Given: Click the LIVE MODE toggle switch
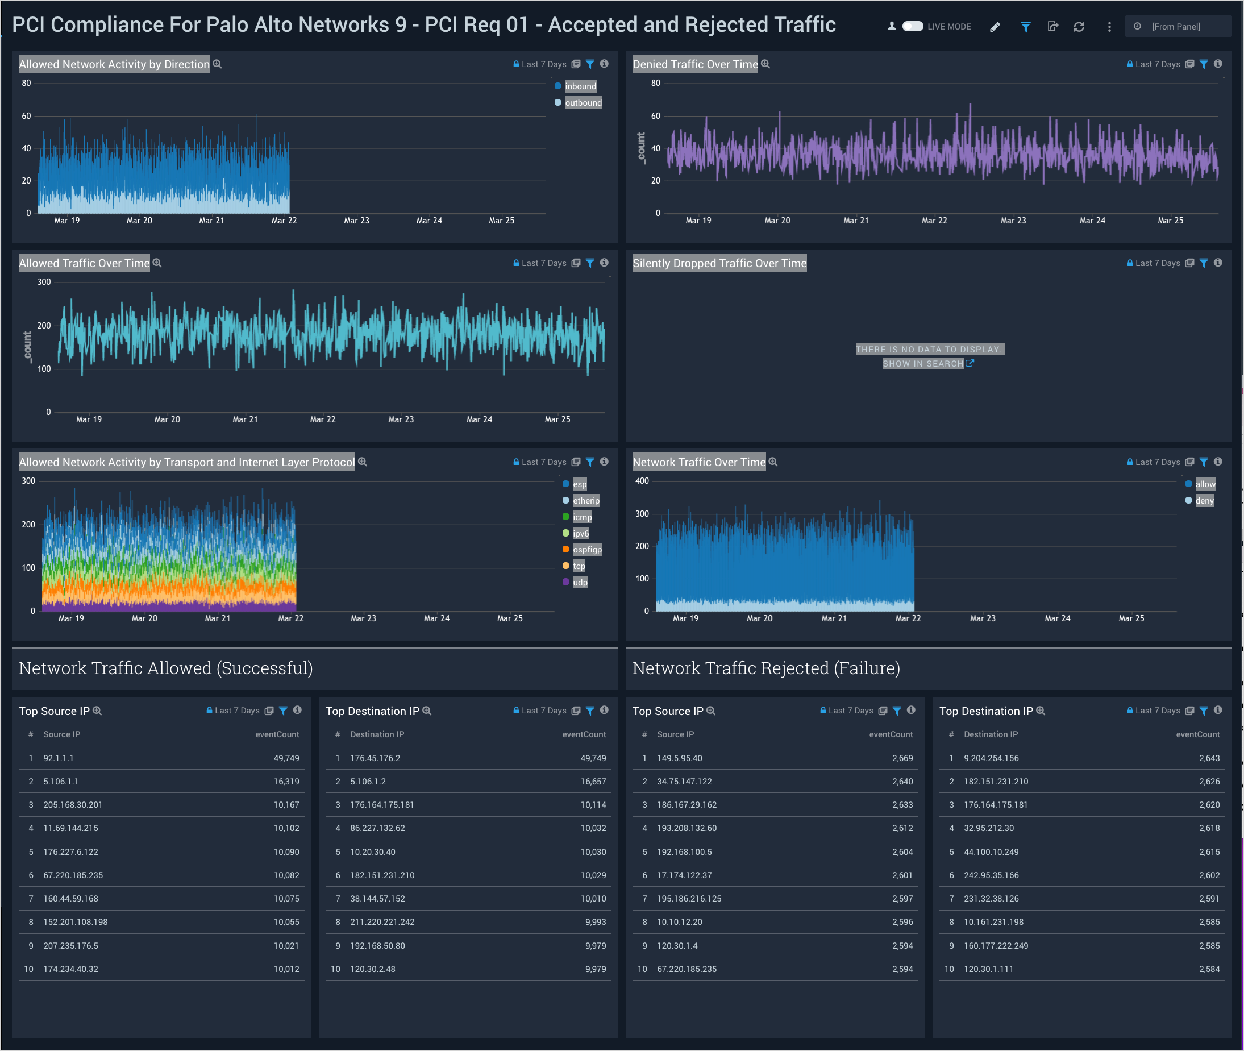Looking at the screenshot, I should click(912, 26).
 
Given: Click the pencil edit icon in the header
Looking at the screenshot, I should click(995, 27).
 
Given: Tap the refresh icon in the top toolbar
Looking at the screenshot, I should click(1079, 27).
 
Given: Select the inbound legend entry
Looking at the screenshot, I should click(580, 86).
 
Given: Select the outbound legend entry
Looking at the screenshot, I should click(583, 103).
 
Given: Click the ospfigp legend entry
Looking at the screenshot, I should click(587, 549).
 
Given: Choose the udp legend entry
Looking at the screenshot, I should click(580, 582).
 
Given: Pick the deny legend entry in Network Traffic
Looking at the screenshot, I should click(1204, 500).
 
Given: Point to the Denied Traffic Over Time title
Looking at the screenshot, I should click(694, 64).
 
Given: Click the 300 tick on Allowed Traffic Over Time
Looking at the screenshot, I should click(44, 282).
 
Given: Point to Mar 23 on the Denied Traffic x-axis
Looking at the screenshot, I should click(1013, 221).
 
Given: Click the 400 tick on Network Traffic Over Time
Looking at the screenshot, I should click(642, 481).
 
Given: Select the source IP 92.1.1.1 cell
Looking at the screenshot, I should click(59, 758).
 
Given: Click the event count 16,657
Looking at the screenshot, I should click(593, 781).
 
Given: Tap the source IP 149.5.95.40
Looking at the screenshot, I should click(679, 758).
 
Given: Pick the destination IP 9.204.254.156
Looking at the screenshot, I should click(991, 758).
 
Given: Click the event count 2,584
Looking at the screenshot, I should click(1209, 969).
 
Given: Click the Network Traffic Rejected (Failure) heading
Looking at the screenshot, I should click(765, 668).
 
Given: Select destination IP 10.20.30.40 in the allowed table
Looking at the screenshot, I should click(372, 852).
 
